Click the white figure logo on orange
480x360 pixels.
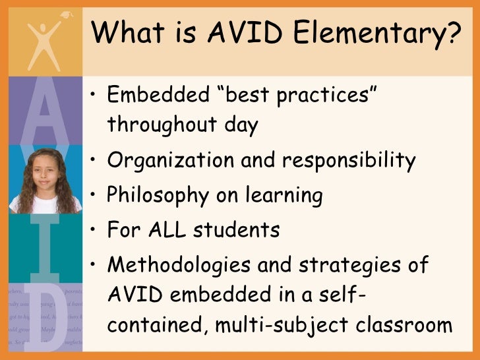[x=42, y=39]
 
